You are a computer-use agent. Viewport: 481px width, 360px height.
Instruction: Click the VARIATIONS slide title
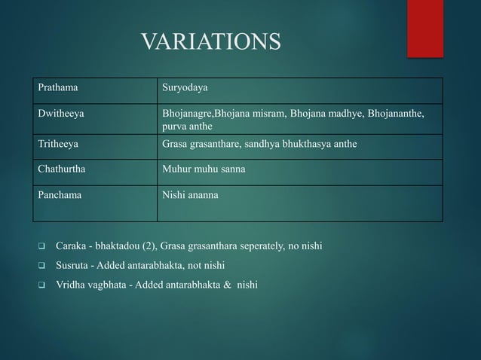click(211, 41)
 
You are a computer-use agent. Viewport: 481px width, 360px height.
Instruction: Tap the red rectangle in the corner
click(425, 28)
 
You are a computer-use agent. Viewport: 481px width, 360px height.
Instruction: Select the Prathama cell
click(58, 90)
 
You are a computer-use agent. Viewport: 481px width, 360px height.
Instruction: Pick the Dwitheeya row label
click(61, 114)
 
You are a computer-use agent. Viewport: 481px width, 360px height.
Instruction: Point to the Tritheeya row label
click(59, 143)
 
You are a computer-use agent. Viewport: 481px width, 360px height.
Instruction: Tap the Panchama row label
click(60, 194)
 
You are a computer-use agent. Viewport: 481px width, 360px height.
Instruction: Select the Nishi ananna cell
click(190, 194)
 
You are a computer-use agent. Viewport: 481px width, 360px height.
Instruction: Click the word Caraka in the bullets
click(72, 247)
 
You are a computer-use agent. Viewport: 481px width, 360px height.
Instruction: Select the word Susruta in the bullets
click(73, 266)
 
